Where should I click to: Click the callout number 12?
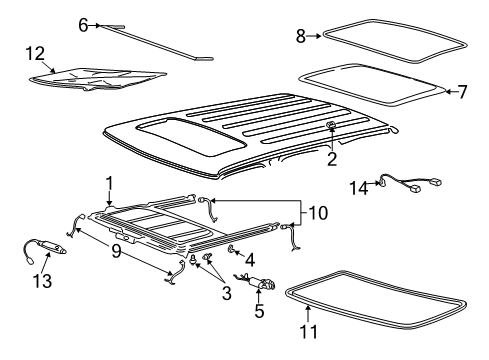coord(35,54)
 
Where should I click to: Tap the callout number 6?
coord(83,25)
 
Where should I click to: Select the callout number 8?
coord(301,36)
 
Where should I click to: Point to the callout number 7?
coord(462,92)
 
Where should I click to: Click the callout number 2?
coord(332,159)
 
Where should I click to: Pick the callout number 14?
coord(359,188)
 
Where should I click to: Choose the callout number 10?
coord(318,213)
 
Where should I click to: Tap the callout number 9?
coord(116,251)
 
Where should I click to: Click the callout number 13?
coord(42,281)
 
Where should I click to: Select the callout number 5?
coord(259,311)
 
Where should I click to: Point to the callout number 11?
coord(309,332)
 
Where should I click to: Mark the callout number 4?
coord(250,260)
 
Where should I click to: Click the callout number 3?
coord(227,293)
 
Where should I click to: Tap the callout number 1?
coord(109,184)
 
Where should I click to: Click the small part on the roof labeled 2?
coord(331,125)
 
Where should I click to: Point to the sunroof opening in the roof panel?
coord(191,136)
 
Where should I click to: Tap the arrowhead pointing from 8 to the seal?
coord(319,36)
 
